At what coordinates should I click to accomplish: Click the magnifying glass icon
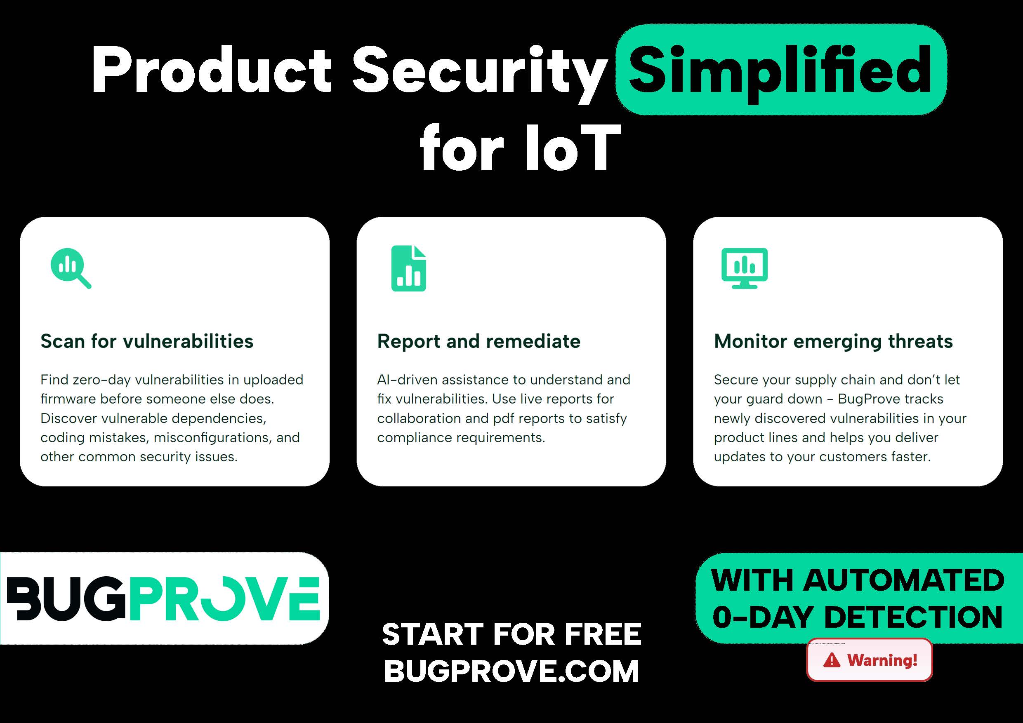click(71, 268)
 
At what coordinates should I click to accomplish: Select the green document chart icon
click(408, 268)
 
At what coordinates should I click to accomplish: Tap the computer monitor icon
click(745, 268)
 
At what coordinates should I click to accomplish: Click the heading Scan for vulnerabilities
click(146, 341)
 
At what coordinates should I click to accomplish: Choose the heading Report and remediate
click(478, 341)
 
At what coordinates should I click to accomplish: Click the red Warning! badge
click(869, 660)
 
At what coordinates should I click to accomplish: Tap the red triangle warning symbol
click(832, 660)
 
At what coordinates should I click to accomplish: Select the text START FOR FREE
click(511, 634)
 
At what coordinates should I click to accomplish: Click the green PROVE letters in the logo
click(225, 599)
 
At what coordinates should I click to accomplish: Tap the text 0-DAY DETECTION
click(857, 617)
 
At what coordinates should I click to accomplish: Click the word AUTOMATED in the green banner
click(904, 580)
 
